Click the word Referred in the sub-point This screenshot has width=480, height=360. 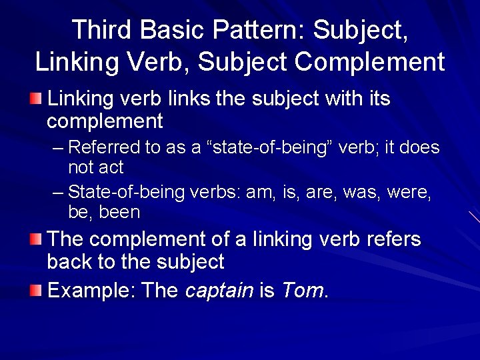point(104,147)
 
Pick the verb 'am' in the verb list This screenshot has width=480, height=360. point(260,193)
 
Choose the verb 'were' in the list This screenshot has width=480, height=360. point(407,193)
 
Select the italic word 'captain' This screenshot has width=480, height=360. point(219,291)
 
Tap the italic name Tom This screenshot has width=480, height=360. point(301,291)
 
